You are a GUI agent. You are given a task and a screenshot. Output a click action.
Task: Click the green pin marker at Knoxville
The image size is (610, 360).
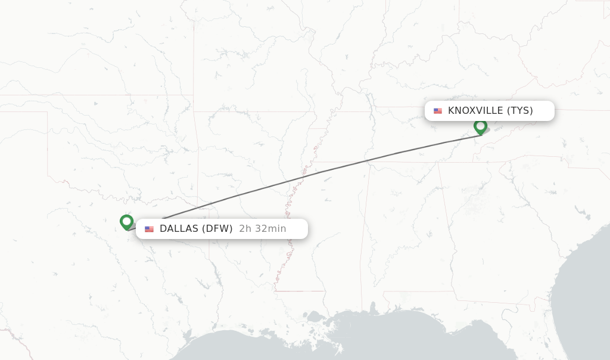click(480, 126)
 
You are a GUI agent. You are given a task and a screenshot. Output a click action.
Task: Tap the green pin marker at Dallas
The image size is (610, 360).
click(126, 222)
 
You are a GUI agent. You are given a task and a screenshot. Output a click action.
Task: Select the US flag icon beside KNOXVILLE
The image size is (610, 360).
click(438, 111)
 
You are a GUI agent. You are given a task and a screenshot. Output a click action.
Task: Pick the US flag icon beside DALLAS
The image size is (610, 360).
click(149, 229)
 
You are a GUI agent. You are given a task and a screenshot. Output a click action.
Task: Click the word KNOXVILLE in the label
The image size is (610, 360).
click(475, 110)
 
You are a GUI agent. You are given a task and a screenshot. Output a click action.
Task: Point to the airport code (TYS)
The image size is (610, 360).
click(519, 110)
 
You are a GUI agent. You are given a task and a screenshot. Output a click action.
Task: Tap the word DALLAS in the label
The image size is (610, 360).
click(179, 229)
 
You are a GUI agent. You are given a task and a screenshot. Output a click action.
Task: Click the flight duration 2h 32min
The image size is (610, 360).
click(262, 229)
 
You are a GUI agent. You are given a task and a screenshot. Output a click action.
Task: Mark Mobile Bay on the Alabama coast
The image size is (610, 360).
click(374, 310)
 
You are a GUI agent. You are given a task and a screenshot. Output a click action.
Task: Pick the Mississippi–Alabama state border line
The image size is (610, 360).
click(364, 238)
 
